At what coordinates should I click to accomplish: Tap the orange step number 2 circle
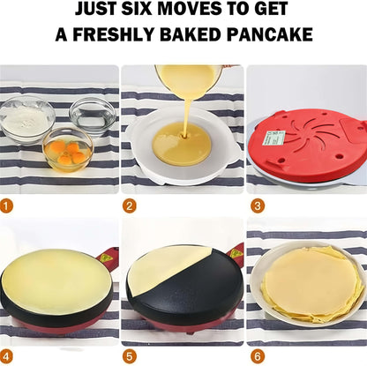pyautogui.click(x=130, y=206)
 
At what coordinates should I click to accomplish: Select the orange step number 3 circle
pyautogui.click(x=257, y=206)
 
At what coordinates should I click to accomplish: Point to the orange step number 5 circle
pyautogui.click(x=130, y=356)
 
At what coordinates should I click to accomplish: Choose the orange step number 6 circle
pyautogui.click(x=257, y=356)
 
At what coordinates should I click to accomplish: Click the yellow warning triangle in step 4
pyautogui.click(x=107, y=258)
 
